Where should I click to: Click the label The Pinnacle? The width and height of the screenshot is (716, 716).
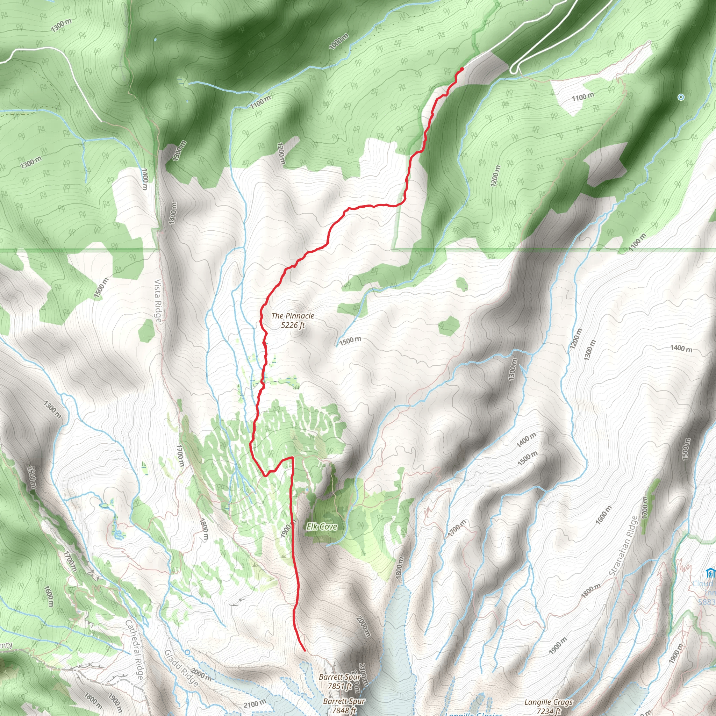pyautogui.click(x=292, y=316)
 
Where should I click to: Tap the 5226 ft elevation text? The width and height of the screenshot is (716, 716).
pyautogui.click(x=292, y=325)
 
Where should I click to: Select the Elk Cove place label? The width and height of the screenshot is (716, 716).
pyautogui.click(x=322, y=527)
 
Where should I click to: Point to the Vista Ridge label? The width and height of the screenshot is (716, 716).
pyautogui.click(x=158, y=301)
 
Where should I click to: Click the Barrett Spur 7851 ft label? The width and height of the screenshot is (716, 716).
pyautogui.click(x=339, y=681)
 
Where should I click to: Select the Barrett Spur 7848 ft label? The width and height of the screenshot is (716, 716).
pyautogui.click(x=344, y=706)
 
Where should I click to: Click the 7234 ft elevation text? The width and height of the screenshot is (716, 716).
pyautogui.click(x=549, y=711)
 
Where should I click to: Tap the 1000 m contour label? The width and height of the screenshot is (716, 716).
pyautogui.click(x=338, y=42)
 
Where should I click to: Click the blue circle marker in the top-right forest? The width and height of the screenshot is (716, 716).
pyautogui.click(x=681, y=97)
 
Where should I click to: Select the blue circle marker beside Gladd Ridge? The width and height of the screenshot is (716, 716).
pyautogui.click(x=187, y=652)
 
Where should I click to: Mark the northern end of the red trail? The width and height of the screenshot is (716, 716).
pyautogui.click(x=462, y=69)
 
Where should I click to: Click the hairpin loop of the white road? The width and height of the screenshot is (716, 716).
pyautogui.click(x=514, y=69)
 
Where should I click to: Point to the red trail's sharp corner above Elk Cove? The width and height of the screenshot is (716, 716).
pyautogui.click(x=292, y=458)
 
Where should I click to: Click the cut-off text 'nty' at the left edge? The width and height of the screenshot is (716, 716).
pyautogui.click(x=6, y=645)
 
